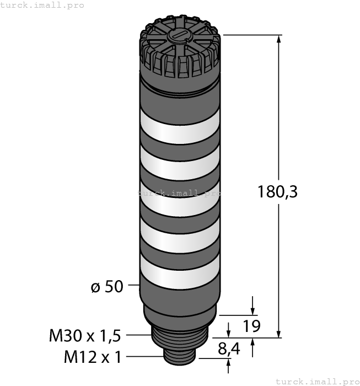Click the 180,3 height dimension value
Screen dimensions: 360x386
point(277,192)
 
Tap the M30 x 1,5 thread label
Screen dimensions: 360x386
point(85,335)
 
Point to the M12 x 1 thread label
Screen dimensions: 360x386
point(93,357)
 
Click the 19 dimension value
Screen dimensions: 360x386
point(251,326)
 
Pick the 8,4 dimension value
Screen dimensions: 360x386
point(229,349)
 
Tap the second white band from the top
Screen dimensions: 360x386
point(179,164)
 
